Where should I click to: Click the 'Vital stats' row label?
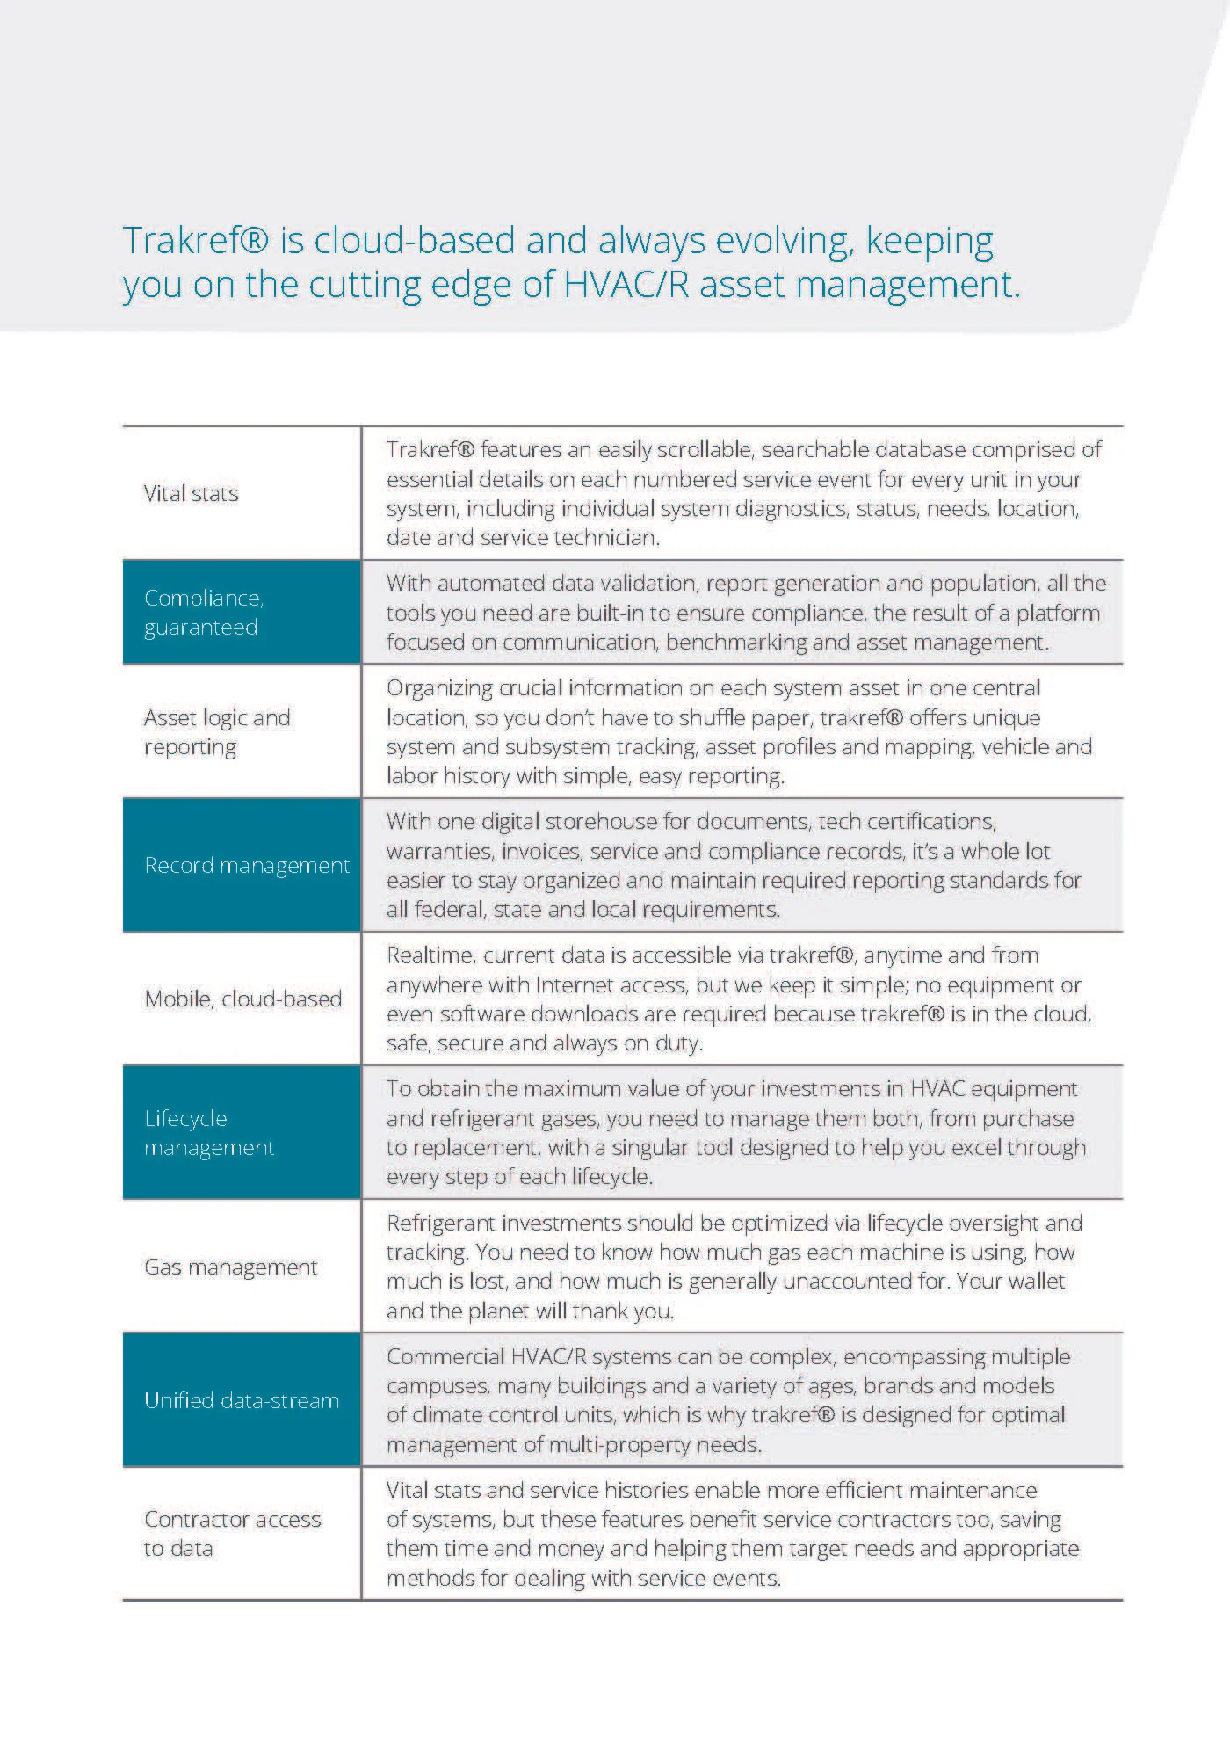(x=191, y=493)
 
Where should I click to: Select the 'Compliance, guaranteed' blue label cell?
(x=241, y=612)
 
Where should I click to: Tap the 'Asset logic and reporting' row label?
(x=216, y=731)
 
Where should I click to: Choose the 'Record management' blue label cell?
(x=241, y=865)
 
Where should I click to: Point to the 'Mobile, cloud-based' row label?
(x=242, y=999)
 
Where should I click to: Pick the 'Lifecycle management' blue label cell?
(x=241, y=1132)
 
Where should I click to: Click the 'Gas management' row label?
(x=230, y=1267)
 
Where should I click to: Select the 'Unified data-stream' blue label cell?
(x=241, y=1400)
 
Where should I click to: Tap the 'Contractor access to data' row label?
(x=232, y=1533)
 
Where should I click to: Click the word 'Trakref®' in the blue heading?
(x=195, y=240)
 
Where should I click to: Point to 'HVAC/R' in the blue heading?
(x=626, y=284)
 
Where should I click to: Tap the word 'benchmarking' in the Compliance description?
(x=737, y=642)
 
